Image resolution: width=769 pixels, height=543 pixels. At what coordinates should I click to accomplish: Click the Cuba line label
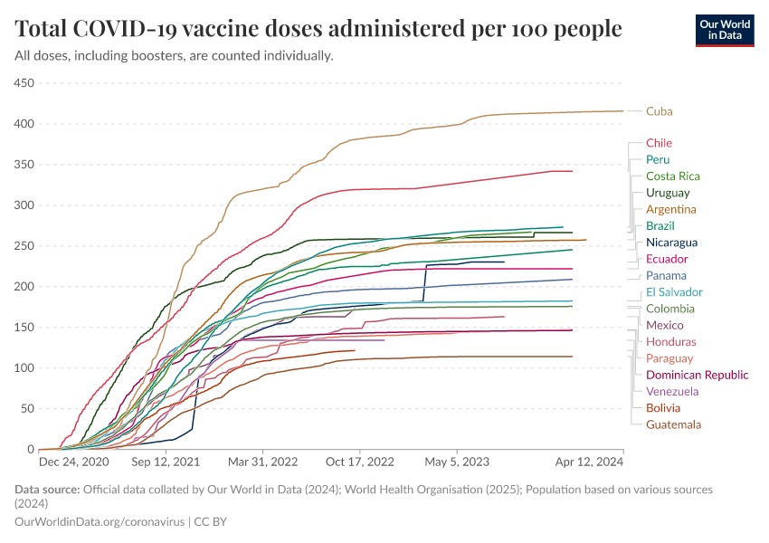tap(659, 111)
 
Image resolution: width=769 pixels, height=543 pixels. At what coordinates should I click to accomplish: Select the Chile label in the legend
tap(659, 143)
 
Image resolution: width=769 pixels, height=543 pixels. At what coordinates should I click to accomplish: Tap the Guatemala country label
tap(673, 424)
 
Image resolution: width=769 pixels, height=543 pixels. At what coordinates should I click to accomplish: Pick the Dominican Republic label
tap(697, 375)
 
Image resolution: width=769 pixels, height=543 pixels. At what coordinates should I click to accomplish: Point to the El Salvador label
tap(674, 292)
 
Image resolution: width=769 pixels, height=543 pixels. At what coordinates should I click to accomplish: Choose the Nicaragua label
tap(671, 243)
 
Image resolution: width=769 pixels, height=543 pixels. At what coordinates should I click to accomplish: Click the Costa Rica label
tap(672, 176)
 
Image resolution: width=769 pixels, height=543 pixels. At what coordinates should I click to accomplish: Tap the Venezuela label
tap(672, 392)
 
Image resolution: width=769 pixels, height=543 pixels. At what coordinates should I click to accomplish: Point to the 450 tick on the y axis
tap(23, 83)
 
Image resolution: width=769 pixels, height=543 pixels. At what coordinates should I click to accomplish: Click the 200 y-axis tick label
tap(23, 287)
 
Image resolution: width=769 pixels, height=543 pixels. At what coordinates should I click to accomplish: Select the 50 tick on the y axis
tap(26, 409)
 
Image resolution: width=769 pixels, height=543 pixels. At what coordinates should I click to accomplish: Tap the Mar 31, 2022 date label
tap(262, 461)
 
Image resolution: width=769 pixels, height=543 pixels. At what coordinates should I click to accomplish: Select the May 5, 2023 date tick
tap(457, 461)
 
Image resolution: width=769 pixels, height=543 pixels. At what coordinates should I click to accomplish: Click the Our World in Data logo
tap(724, 30)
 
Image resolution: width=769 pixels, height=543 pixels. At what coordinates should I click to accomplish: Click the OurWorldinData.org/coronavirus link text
tap(100, 522)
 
